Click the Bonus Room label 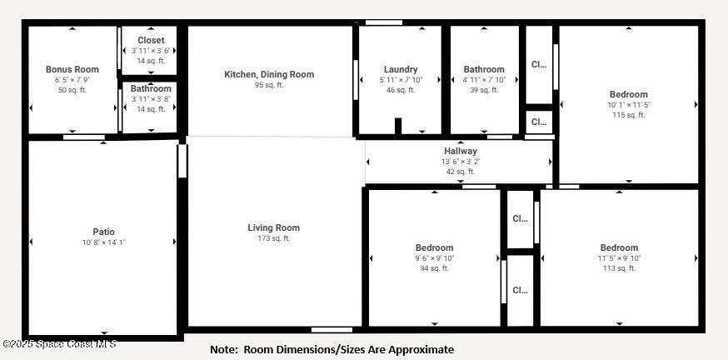coord(72,69)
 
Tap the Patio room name coord(103,232)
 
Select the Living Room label coord(273,227)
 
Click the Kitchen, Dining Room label coord(269,74)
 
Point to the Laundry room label coord(401,69)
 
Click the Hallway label coord(460,151)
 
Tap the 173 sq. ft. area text coord(273,238)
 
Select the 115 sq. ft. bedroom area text coord(628,115)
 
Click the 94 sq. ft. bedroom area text coord(434,268)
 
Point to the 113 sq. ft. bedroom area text coord(619,268)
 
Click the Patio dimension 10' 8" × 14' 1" coord(103,242)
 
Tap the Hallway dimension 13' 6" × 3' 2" coord(460,162)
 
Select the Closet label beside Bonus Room coord(151,40)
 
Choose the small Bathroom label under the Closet coord(151,88)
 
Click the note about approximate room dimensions coord(332,350)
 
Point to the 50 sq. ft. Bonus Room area coord(72,90)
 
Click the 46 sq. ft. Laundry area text coord(401,90)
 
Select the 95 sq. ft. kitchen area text coord(269,85)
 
